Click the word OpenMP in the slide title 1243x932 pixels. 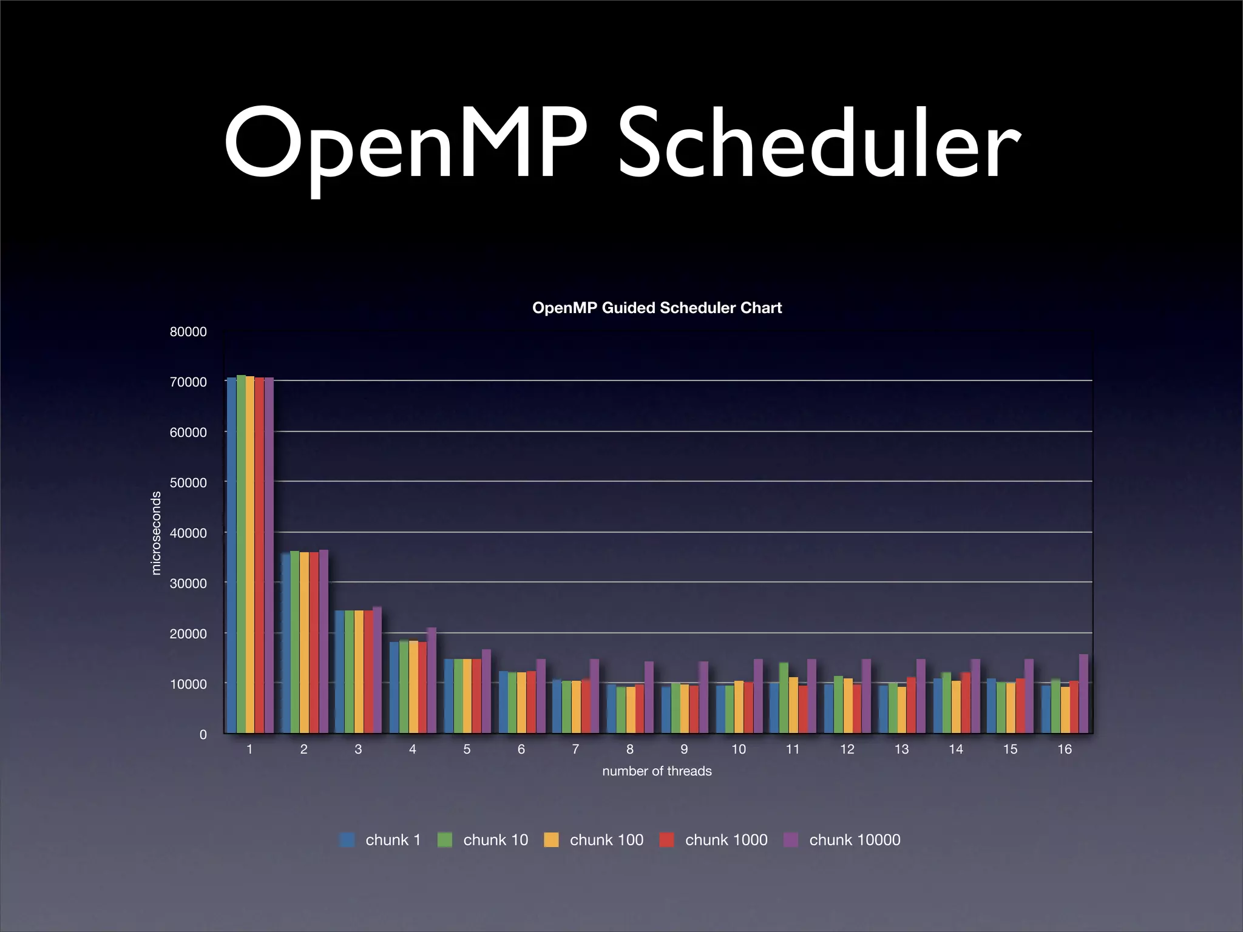click(405, 146)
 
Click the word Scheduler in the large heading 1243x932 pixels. click(819, 146)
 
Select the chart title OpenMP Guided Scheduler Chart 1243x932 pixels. click(657, 308)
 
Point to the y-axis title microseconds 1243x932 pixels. click(156, 533)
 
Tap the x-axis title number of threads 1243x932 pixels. click(657, 771)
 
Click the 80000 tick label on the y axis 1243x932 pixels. click(188, 332)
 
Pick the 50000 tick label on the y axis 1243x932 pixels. click(188, 483)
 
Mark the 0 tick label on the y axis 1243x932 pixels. click(203, 735)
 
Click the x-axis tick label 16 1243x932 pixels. click(1065, 750)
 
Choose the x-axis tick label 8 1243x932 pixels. click(630, 750)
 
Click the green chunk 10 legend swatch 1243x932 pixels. click(445, 840)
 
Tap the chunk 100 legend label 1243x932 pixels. click(606, 840)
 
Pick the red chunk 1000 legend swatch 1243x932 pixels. click(666, 840)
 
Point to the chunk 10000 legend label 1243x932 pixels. click(855, 840)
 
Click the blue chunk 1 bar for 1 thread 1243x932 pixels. click(231, 555)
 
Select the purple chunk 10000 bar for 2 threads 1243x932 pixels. click(323, 642)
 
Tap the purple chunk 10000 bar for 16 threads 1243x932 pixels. click(1083, 694)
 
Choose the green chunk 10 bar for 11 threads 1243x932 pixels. click(784, 698)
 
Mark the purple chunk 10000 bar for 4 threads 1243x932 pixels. click(432, 681)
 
